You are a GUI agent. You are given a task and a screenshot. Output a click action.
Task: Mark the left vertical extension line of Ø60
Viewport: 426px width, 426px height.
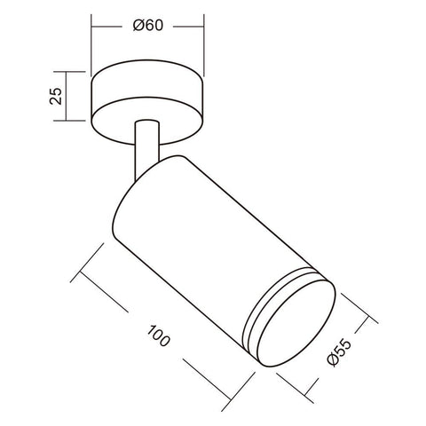click(x=91, y=44)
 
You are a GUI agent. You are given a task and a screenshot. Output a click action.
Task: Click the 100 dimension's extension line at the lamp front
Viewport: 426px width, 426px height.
click(x=223, y=383)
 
